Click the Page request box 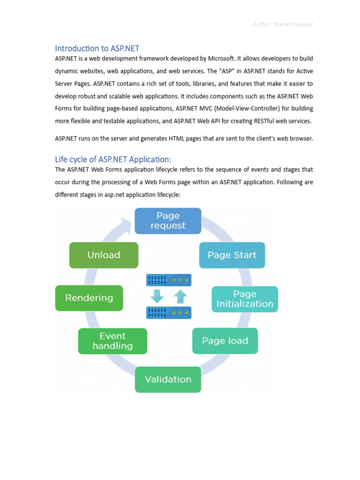point(168,221)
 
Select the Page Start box point(232,255)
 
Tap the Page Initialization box point(245,299)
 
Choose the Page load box point(225,341)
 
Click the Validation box point(168,379)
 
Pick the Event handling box point(112,341)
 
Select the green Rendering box point(89,298)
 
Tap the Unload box point(104,255)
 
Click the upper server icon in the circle point(169,280)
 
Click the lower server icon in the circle point(169,312)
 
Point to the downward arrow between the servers point(157,296)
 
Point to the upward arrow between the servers point(180,296)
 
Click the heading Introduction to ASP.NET point(97,48)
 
